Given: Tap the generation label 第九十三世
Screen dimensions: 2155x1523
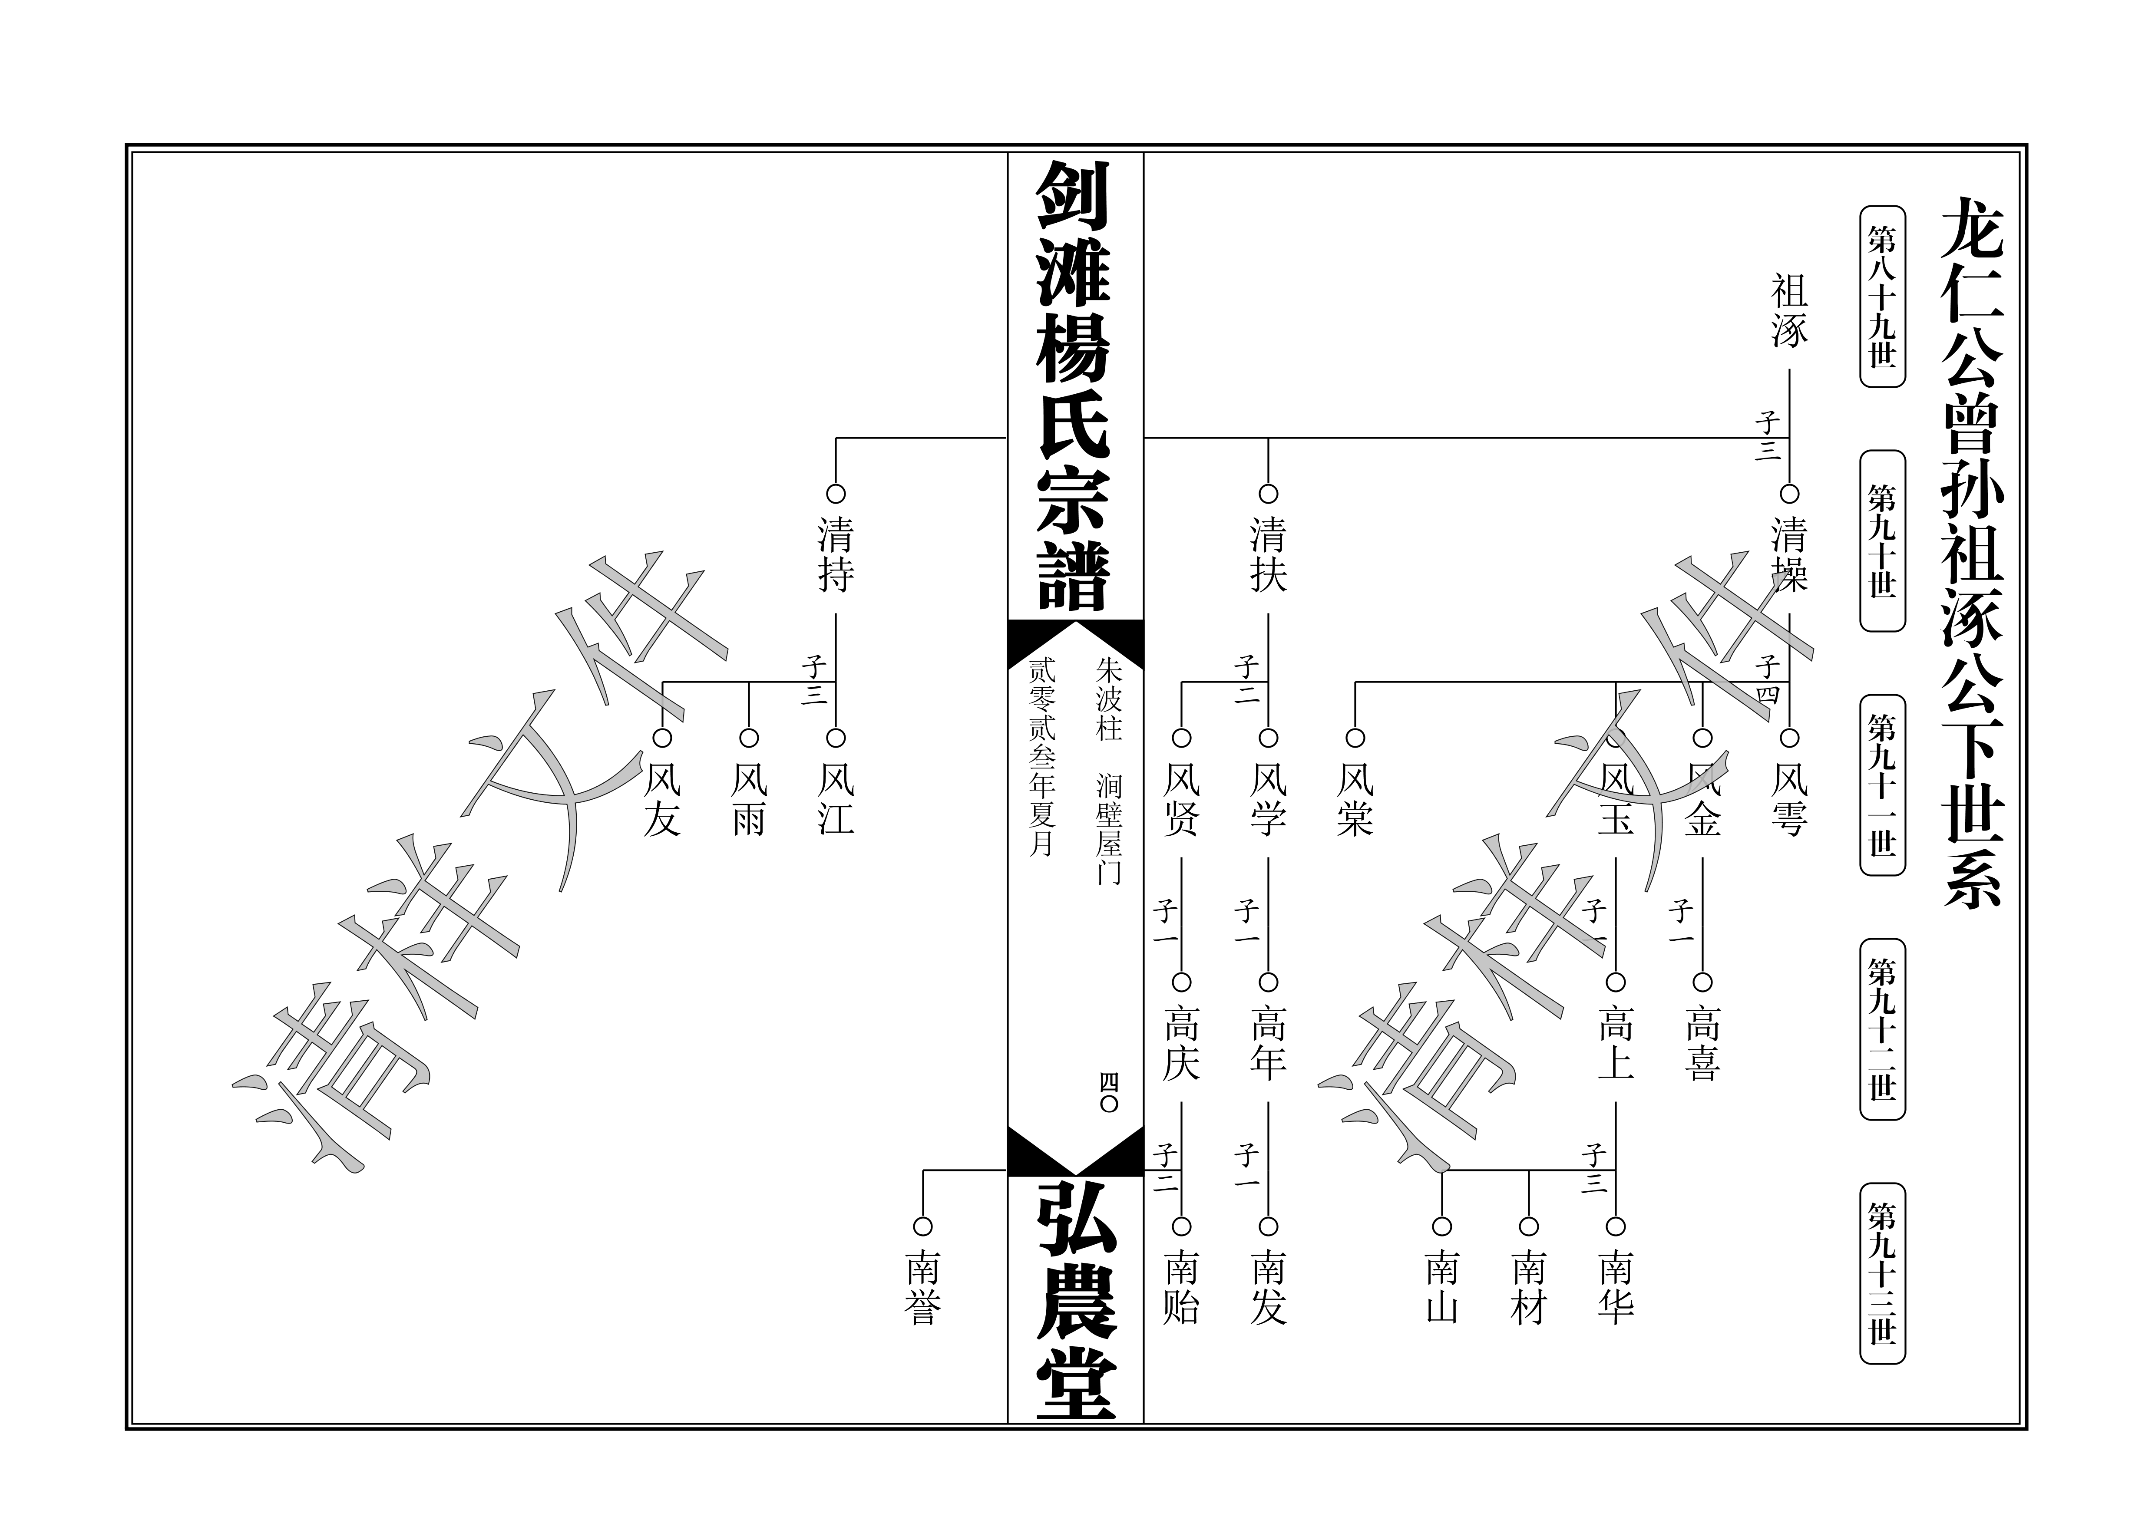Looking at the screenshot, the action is coord(1882,1273).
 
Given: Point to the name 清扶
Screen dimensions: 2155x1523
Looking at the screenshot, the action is coord(1268,556).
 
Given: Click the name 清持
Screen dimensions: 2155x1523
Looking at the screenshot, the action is coord(835,556).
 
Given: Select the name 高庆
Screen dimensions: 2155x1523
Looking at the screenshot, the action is coord(1182,1044).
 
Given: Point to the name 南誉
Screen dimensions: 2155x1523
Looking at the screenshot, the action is coord(922,1287).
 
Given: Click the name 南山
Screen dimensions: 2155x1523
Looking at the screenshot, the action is coord(1442,1287).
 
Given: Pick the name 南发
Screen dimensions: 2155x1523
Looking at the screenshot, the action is coord(1268,1287).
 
